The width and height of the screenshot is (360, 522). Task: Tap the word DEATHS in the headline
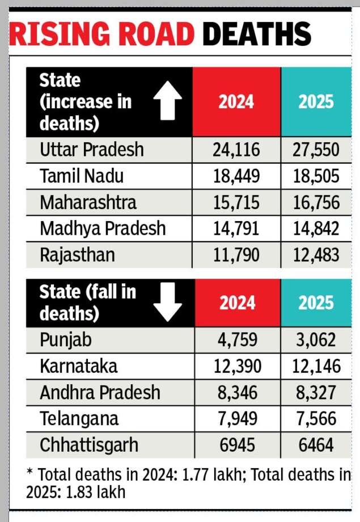point(257,33)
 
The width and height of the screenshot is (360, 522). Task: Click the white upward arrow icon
point(167,100)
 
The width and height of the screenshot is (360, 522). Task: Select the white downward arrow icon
point(167,302)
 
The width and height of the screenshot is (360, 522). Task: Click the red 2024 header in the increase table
point(236,101)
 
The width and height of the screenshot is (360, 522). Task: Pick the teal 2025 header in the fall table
point(316,303)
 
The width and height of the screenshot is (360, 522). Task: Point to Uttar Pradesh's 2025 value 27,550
point(316,150)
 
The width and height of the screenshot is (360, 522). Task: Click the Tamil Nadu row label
point(82,176)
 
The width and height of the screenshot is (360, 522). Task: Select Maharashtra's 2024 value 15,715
point(236,202)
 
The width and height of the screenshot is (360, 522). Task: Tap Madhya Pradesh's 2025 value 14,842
point(316,229)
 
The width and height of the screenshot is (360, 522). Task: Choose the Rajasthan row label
point(77,255)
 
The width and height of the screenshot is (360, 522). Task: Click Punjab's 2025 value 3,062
point(316,340)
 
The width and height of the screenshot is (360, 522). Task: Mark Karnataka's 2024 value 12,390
point(238,366)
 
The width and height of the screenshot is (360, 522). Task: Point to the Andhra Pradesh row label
point(100,393)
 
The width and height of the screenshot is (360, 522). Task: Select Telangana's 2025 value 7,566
point(316,419)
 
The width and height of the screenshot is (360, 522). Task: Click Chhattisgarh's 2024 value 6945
point(238,445)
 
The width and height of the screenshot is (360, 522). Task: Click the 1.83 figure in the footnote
point(79,492)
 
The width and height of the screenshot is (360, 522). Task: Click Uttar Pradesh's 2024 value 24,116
point(236,150)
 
